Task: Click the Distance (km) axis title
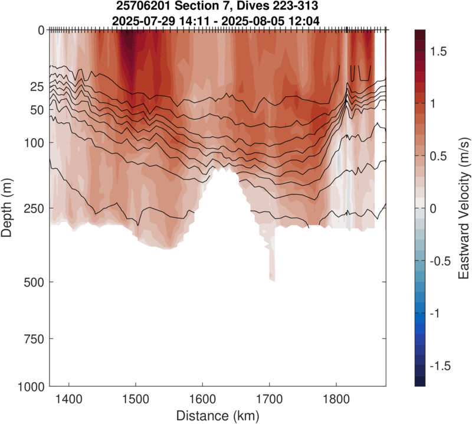[218, 416]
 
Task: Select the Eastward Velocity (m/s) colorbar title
[463, 207]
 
